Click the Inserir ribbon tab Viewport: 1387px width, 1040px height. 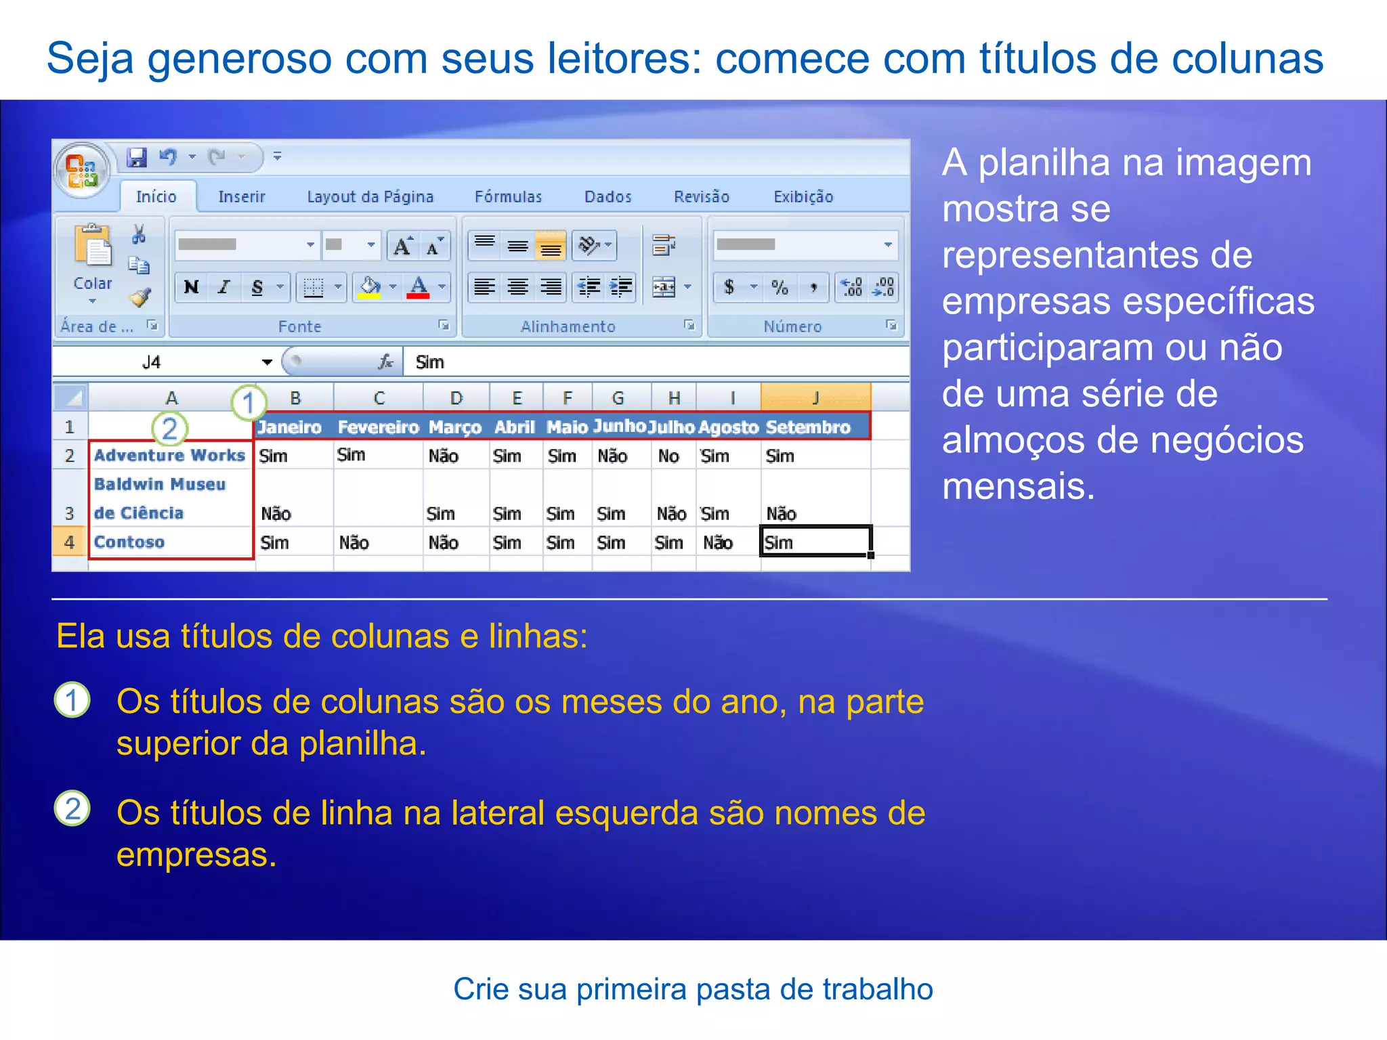click(241, 196)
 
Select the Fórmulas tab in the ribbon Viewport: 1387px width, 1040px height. click(508, 196)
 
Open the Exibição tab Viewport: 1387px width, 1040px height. click(803, 196)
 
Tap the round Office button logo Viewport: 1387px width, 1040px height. click(82, 170)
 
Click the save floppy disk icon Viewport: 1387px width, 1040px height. click(137, 157)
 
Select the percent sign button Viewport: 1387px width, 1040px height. click(780, 287)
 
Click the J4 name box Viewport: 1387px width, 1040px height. click(152, 362)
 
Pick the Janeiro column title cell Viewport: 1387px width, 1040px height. click(289, 427)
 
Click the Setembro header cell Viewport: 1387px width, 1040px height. click(808, 427)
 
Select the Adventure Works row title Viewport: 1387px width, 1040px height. click(169, 455)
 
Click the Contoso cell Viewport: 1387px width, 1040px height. click(129, 542)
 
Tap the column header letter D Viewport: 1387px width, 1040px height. click(456, 398)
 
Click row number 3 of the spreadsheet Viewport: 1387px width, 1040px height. click(69, 513)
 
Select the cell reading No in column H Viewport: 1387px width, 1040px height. click(668, 456)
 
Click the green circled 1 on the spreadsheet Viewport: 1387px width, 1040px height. click(248, 402)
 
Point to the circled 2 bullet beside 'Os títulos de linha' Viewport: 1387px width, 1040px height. click(72, 808)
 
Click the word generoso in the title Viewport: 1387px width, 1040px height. click(240, 59)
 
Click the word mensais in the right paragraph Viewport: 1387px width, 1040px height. click(1018, 486)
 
